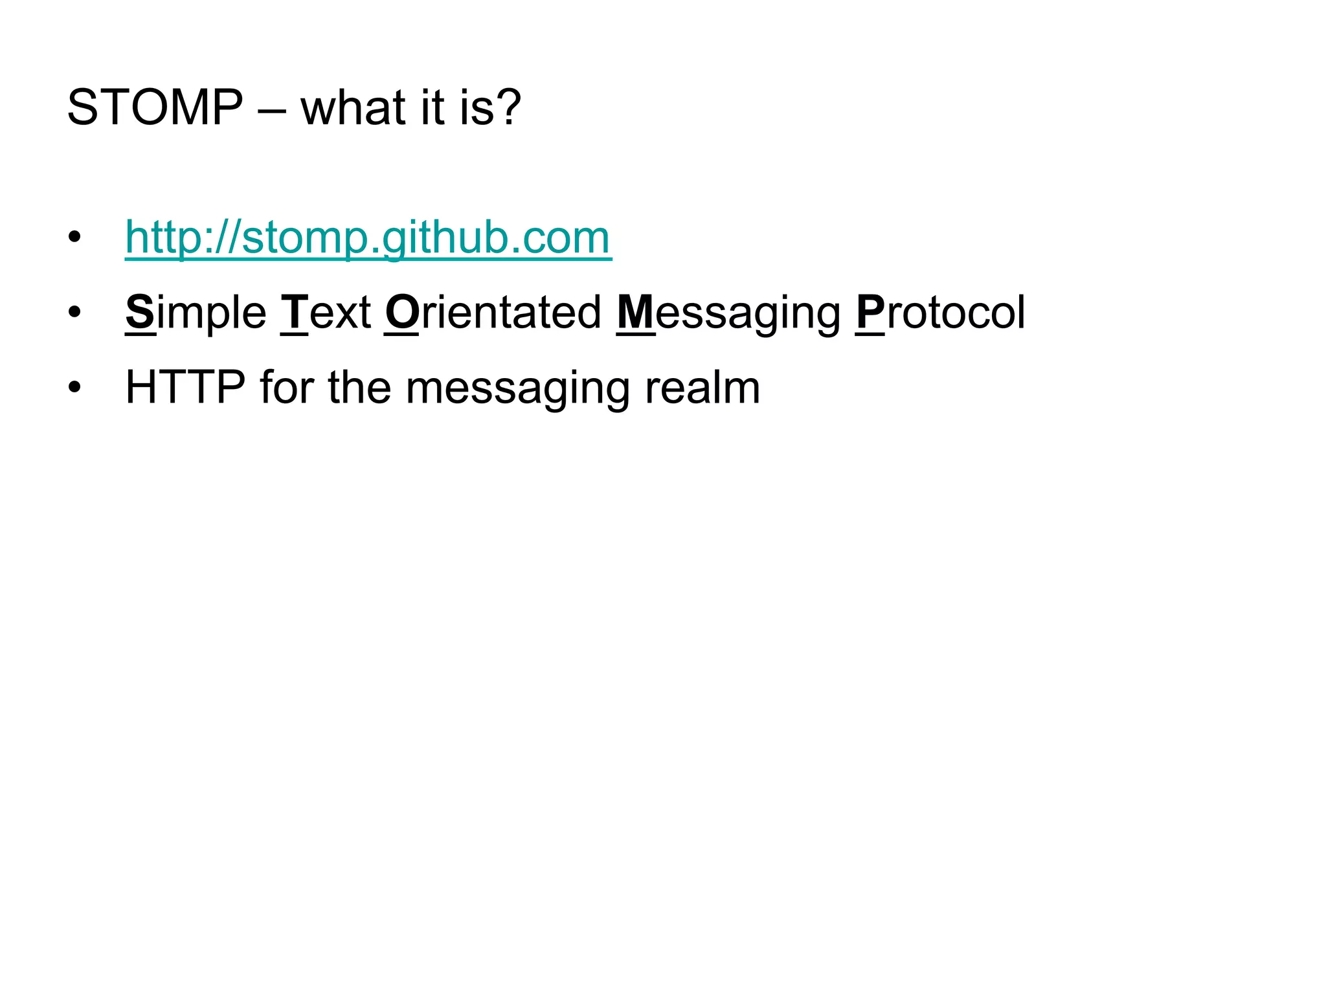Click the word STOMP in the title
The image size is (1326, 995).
(155, 107)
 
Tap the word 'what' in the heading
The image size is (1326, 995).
(354, 107)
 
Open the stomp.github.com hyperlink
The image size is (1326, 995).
(368, 238)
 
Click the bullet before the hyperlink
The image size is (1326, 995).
(74, 238)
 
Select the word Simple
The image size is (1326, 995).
(196, 313)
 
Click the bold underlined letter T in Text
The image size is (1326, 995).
(295, 313)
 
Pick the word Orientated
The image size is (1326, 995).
(493, 313)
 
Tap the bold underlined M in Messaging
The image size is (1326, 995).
(635, 313)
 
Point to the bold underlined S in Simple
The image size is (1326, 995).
(140, 313)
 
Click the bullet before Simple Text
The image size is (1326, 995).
(74, 313)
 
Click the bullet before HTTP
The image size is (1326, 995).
(74, 388)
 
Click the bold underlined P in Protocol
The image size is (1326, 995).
(870, 313)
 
